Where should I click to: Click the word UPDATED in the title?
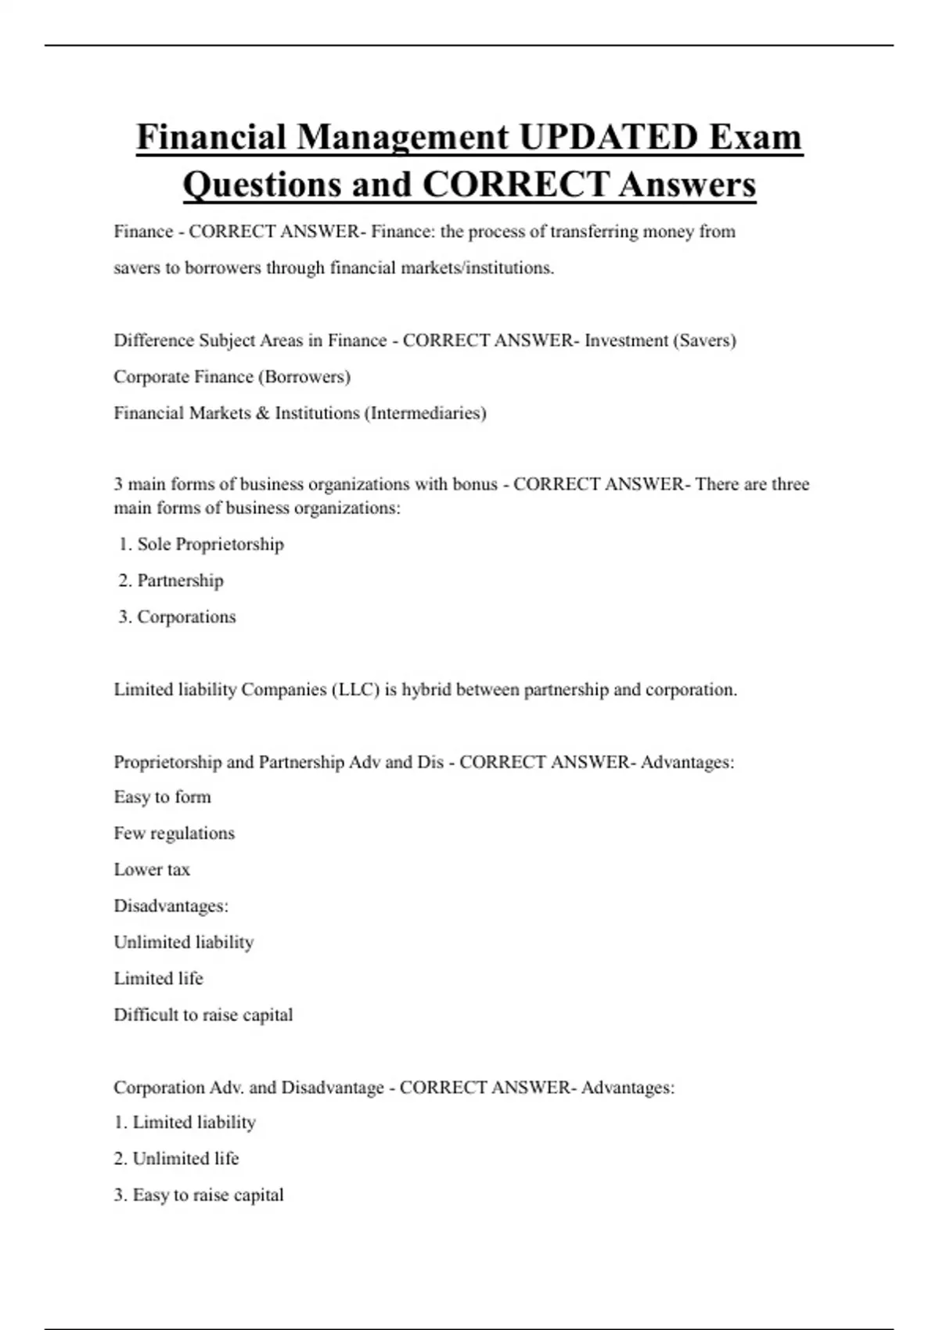pos(607,138)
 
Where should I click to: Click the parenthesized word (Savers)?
pos(704,340)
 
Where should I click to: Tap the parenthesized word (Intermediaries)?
pos(426,413)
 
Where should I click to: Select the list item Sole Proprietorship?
pos(210,545)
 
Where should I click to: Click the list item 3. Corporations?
pos(178,617)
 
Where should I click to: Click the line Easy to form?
pos(162,797)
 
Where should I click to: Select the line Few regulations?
pos(174,833)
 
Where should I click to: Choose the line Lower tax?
pos(152,870)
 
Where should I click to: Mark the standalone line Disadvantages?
pos(171,906)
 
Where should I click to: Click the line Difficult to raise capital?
pos(203,1015)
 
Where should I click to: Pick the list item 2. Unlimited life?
pos(176,1159)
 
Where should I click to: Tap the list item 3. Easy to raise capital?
pos(199,1195)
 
